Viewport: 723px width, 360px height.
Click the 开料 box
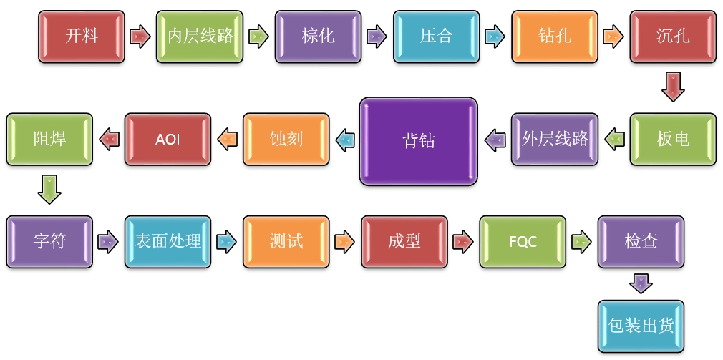81,36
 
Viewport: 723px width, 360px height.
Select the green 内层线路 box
200,36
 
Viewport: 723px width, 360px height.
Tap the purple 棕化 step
318,36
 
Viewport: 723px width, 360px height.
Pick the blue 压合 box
436,36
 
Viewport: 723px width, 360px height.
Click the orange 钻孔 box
554,36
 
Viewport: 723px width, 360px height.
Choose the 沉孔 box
673,36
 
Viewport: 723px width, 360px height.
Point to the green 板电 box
673,139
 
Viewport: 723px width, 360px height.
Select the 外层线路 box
555,139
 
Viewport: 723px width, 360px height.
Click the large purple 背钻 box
419,141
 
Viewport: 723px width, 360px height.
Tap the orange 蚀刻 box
286,139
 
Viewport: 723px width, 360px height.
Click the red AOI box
168,139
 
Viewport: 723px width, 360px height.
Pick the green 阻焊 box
49,139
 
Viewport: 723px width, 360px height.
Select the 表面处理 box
168,242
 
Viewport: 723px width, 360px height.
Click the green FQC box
523,242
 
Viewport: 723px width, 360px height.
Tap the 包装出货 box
641,326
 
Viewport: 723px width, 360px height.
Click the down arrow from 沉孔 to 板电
673,87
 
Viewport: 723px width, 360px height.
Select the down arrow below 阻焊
49,190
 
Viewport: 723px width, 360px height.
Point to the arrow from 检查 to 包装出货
641,283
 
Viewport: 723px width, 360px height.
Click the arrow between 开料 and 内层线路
140,36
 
